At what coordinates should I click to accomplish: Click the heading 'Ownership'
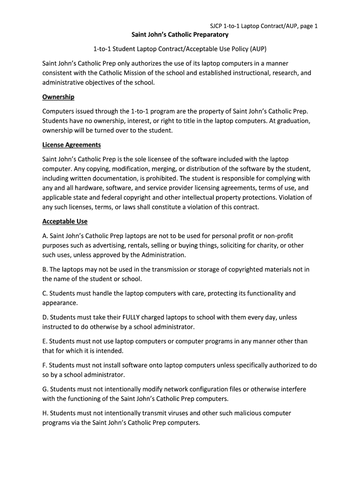[58, 97]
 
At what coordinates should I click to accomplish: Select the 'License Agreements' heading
[72, 145]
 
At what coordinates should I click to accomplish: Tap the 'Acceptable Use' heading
[65, 221]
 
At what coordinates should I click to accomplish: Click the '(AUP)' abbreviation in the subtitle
[258, 49]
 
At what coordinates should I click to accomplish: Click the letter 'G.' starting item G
[45, 389]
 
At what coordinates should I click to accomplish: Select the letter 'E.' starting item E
[45, 341]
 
